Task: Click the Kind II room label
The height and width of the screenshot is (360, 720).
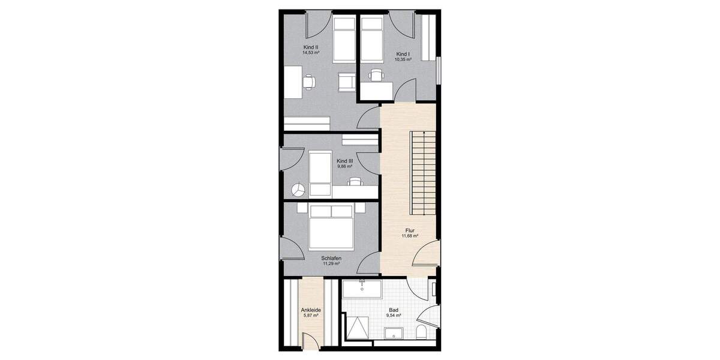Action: point(310,47)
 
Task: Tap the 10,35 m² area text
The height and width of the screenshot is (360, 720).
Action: point(403,60)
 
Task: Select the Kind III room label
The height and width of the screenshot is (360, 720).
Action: point(344,161)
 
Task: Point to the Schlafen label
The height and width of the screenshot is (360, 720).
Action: point(331,258)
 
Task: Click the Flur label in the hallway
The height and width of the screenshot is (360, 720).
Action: point(410,230)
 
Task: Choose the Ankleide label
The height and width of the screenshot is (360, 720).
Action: point(311,310)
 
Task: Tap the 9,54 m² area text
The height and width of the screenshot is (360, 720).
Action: point(394,316)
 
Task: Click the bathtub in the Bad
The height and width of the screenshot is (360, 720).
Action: point(362,290)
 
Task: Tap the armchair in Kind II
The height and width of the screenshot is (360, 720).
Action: point(346,82)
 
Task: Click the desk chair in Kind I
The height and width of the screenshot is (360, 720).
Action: point(377,75)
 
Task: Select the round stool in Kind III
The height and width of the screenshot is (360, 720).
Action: point(298,190)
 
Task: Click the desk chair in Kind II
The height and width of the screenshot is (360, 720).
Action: point(310,82)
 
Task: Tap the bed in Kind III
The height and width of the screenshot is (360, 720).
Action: point(320,174)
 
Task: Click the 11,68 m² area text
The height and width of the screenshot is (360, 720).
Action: point(410,236)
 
